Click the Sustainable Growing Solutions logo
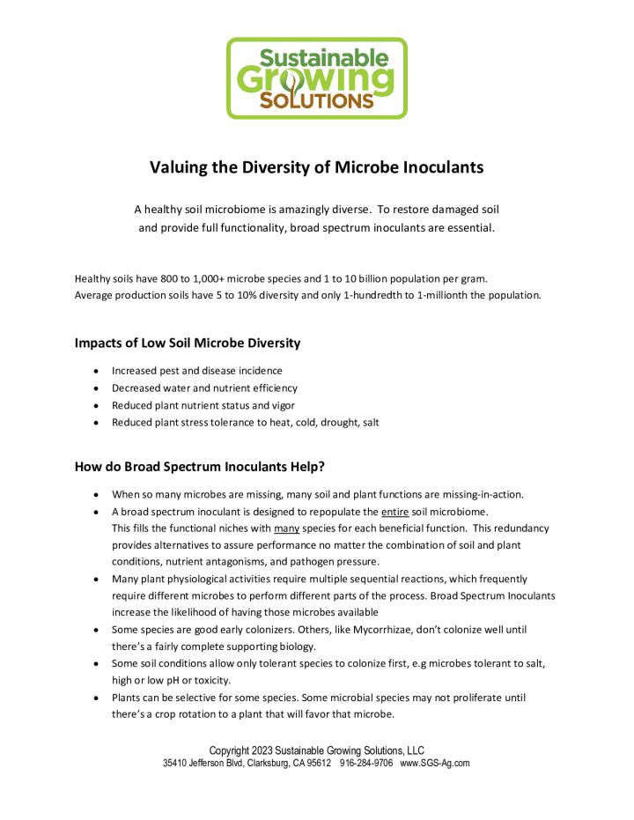(317, 78)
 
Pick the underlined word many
(287, 528)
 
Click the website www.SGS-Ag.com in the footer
(435, 763)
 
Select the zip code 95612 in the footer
(317, 763)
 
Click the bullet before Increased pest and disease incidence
(95, 371)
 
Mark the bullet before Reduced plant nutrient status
(95, 405)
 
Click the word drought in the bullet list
(338, 423)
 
